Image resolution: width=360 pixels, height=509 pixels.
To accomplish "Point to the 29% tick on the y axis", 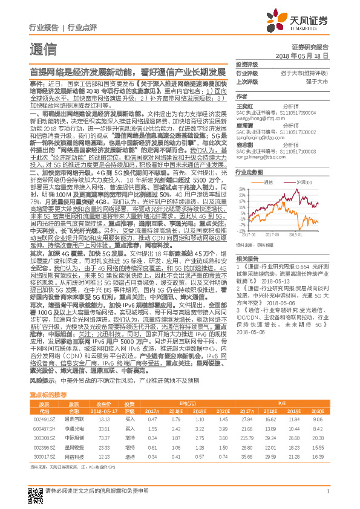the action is click(x=242, y=189).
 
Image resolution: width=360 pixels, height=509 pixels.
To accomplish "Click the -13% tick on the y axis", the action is click(x=241, y=230).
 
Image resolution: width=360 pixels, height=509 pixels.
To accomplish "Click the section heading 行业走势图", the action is click(x=249, y=172).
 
